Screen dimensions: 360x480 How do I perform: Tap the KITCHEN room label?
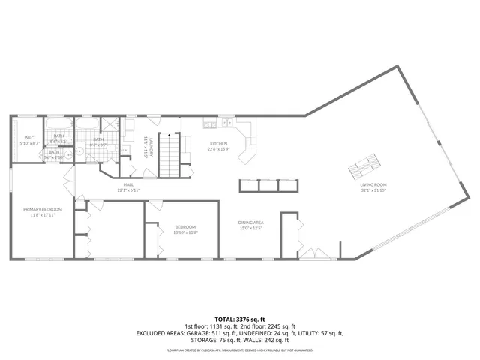click(x=218, y=144)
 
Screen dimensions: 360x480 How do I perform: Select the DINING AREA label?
click(x=251, y=223)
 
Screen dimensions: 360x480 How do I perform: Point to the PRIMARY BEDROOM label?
click(x=42, y=209)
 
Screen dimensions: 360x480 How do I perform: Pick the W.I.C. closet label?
click(x=29, y=137)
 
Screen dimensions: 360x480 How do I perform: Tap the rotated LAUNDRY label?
click(x=150, y=145)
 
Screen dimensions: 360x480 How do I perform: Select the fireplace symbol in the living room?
click(x=367, y=163)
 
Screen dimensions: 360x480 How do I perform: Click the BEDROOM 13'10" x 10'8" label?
click(x=185, y=227)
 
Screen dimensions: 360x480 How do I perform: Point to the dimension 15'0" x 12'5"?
click(x=251, y=228)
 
